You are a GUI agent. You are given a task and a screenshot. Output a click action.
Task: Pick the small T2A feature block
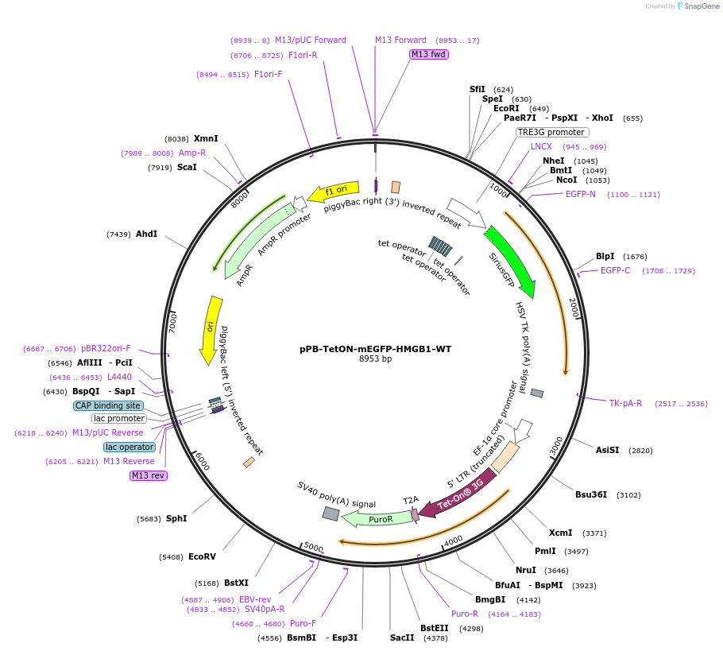415,514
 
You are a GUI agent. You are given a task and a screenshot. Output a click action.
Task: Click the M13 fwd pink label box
428,54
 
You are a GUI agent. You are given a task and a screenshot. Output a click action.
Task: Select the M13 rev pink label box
149,475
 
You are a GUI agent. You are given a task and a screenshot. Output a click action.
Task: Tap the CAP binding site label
108,405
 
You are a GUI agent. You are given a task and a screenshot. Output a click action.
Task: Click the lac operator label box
130,447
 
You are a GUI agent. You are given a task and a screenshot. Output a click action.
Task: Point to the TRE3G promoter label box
551,132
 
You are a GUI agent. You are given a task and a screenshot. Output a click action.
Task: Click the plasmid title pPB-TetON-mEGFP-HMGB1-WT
375,348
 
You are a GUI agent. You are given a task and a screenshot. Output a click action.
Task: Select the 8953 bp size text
375,358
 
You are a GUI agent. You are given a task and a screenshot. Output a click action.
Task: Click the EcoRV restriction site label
202,556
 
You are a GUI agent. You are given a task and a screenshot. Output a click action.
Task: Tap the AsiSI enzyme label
607,450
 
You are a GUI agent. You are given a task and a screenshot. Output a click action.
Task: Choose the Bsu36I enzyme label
592,494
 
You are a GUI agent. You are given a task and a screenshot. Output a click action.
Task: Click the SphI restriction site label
176,518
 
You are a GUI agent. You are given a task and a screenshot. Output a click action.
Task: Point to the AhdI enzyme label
146,234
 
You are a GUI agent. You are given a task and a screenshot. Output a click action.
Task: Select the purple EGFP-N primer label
580,194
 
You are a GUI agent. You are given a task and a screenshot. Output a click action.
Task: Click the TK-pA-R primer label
625,403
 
